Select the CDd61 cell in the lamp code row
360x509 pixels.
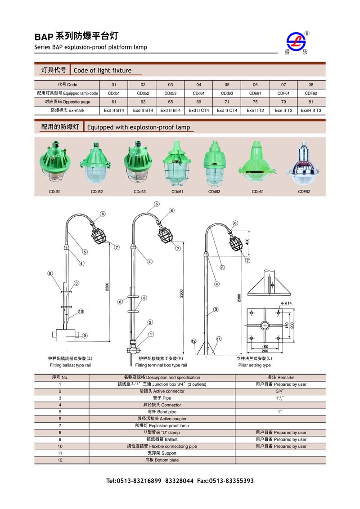(198, 93)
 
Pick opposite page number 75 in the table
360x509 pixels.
(255, 102)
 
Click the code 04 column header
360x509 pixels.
(198, 85)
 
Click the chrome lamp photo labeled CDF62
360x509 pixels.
(304, 164)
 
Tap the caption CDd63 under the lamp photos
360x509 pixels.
(214, 191)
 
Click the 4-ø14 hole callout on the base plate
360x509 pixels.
(286, 304)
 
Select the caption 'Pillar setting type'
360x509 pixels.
(254, 366)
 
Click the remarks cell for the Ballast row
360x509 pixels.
(281, 439)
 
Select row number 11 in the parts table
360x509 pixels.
(60, 453)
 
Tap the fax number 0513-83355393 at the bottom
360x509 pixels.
(228, 481)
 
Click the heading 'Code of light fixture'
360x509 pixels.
(103, 70)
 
